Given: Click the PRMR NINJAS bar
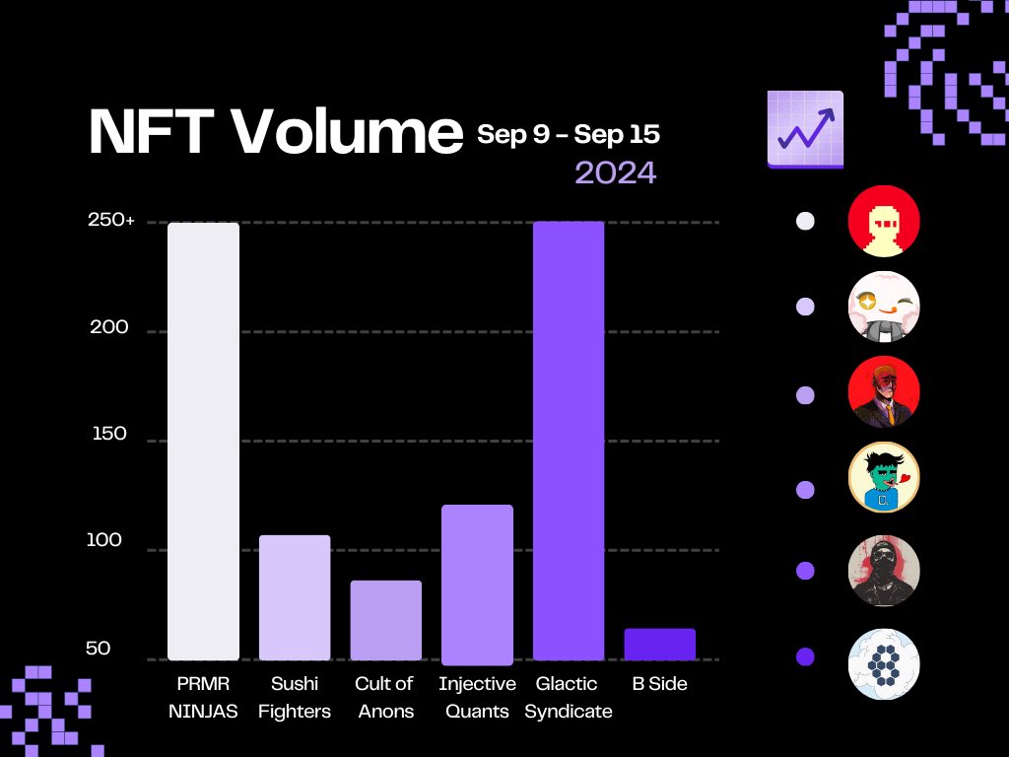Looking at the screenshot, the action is (x=203, y=442).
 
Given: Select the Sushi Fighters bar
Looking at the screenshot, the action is (x=295, y=597).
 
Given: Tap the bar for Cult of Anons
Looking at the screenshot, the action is (x=386, y=621).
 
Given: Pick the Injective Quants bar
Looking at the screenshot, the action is (x=478, y=585).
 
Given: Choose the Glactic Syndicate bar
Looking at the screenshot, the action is (x=569, y=441).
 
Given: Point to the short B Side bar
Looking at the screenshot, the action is (x=660, y=645).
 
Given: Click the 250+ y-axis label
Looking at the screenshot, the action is (x=111, y=220).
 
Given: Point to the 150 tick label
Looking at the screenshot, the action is (x=109, y=434).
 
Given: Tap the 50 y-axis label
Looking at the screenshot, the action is (x=99, y=649).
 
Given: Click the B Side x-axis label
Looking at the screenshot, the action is (x=659, y=684).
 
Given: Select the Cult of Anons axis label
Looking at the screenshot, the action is (x=385, y=697).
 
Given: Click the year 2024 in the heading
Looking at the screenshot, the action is (x=616, y=172).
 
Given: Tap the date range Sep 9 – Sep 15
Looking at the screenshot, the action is (x=569, y=134).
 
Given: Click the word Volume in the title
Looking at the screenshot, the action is (x=347, y=131).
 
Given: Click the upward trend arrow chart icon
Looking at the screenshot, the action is (x=805, y=129).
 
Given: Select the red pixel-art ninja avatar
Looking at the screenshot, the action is (x=884, y=221).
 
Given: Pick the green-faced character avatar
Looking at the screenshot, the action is (x=884, y=477).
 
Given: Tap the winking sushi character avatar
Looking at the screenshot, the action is (x=884, y=307).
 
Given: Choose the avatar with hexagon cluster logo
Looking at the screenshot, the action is (x=884, y=664).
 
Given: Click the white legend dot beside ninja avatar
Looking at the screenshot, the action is (x=805, y=221).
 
